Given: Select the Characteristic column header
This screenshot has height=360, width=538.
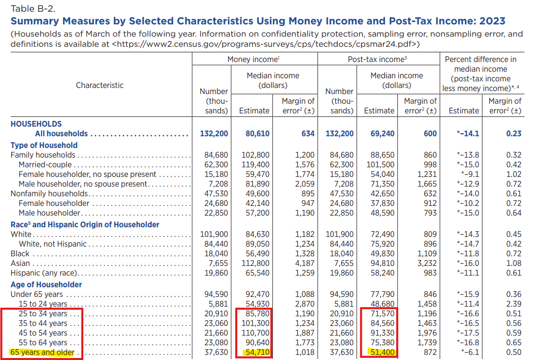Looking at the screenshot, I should coord(100,85).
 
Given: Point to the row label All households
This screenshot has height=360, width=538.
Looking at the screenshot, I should coord(61,134).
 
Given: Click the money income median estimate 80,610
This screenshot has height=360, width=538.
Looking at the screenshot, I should coord(257,134).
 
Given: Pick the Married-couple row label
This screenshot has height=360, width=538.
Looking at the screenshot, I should coord(45,165).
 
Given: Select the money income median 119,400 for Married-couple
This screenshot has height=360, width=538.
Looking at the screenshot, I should coord(257,165).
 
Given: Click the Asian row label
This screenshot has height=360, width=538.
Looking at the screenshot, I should coord(20,263).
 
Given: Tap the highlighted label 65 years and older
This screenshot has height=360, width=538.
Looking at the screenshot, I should coord(43,352).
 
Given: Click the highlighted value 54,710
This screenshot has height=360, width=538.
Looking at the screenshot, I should coord(257,352).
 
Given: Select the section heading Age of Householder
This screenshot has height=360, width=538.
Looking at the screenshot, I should coord(46,285).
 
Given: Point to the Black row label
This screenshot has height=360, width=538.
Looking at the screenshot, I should coord(20,253).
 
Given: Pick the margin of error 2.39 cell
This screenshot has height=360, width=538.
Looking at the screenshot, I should coord(513,304).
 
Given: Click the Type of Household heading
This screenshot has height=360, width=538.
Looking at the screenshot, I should coord(44,145).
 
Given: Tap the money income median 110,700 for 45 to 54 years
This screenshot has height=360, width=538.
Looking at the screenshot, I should coord(257,333).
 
